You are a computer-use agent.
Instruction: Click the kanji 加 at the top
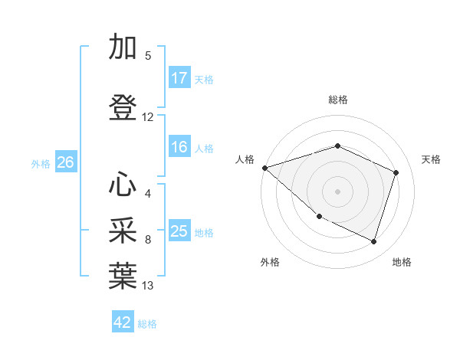coord(123,47)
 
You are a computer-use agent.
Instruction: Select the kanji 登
coord(123,107)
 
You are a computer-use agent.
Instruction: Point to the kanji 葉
coord(123,277)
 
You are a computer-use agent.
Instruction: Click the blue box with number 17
coord(179,78)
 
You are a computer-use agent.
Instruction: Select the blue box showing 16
coord(179,148)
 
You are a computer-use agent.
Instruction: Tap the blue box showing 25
coord(179,232)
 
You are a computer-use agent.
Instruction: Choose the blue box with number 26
coord(65,162)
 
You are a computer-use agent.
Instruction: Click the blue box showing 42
coord(123,322)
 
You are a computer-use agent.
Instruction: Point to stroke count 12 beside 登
coord(148,117)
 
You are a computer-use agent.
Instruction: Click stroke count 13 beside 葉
coord(148,286)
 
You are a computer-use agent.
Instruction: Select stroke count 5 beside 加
coord(148,56)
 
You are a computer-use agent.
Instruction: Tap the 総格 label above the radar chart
coord(338,100)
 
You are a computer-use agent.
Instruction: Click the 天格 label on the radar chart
coord(432,159)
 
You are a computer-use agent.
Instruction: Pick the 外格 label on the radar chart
coord(270,262)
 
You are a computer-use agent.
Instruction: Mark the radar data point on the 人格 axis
coord(264,168)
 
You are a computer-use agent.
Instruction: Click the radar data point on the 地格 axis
coord(373,242)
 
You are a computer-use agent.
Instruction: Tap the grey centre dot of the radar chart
coord(338,191)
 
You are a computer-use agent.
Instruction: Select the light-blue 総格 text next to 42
coord(148,324)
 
